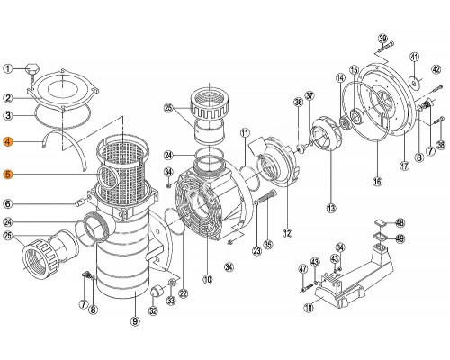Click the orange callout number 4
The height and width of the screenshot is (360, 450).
click(8, 141)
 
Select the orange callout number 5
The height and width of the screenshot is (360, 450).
click(8, 175)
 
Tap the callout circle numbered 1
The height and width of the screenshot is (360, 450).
click(8, 68)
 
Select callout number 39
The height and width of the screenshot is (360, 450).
click(382, 38)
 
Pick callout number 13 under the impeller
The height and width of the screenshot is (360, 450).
click(331, 208)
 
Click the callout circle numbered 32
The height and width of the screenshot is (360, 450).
click(152, 311)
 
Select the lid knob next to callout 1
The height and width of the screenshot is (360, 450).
click(33, 67)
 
